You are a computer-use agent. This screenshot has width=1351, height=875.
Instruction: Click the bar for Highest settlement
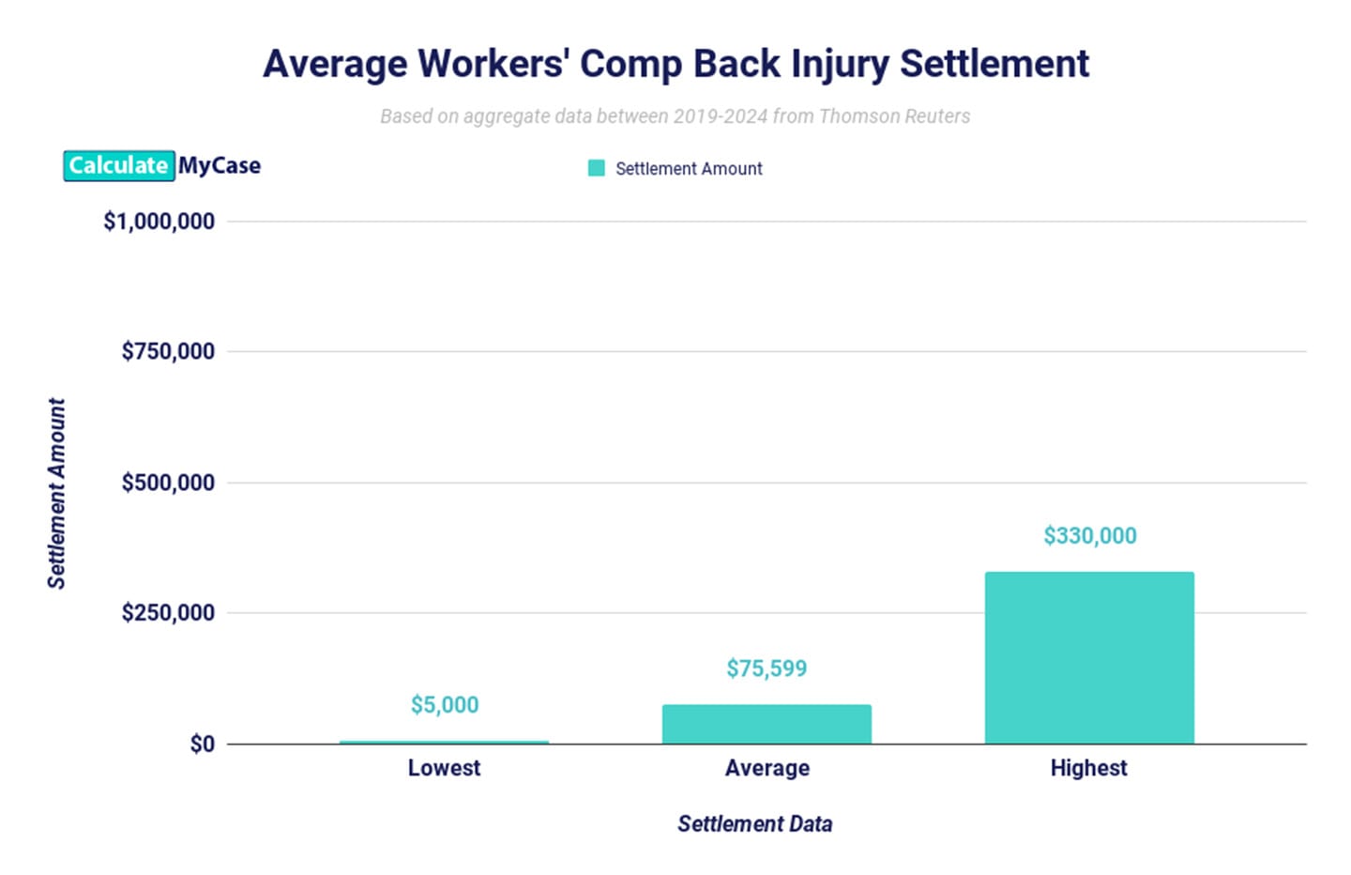click(1089, 657)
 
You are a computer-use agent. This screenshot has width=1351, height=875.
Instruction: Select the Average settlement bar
click(767, 724)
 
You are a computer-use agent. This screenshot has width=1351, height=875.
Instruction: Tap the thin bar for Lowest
click(444, 742)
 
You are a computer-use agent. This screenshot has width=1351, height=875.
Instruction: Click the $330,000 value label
click(1089, 536)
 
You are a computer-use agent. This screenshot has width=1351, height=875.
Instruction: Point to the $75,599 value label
click(767, 668)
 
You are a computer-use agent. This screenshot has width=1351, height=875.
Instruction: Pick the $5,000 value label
click(445, 705)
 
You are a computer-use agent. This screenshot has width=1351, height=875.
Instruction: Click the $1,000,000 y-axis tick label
click(159, 222)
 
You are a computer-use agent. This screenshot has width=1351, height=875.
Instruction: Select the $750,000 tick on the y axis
click(168, 351)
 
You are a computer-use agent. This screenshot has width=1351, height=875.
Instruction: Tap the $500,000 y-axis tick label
click(168, 483)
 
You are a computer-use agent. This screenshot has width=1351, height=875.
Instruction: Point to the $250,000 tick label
click(168, 613)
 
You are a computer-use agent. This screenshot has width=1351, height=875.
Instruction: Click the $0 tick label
click(202, 745)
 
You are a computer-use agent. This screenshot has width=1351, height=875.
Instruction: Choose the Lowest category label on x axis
click(444, 768)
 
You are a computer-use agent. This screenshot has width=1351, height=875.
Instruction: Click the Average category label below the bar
click(767, 768)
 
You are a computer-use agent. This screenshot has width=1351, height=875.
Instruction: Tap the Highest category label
click(1088, 768)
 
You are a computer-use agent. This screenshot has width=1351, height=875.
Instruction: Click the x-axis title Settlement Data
click(754, 824)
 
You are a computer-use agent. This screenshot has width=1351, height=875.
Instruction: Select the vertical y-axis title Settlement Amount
click(57, 494)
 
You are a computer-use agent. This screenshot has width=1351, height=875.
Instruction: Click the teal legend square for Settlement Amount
click(596, 168)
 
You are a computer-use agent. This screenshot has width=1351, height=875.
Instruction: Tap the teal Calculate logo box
click(118, 166)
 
